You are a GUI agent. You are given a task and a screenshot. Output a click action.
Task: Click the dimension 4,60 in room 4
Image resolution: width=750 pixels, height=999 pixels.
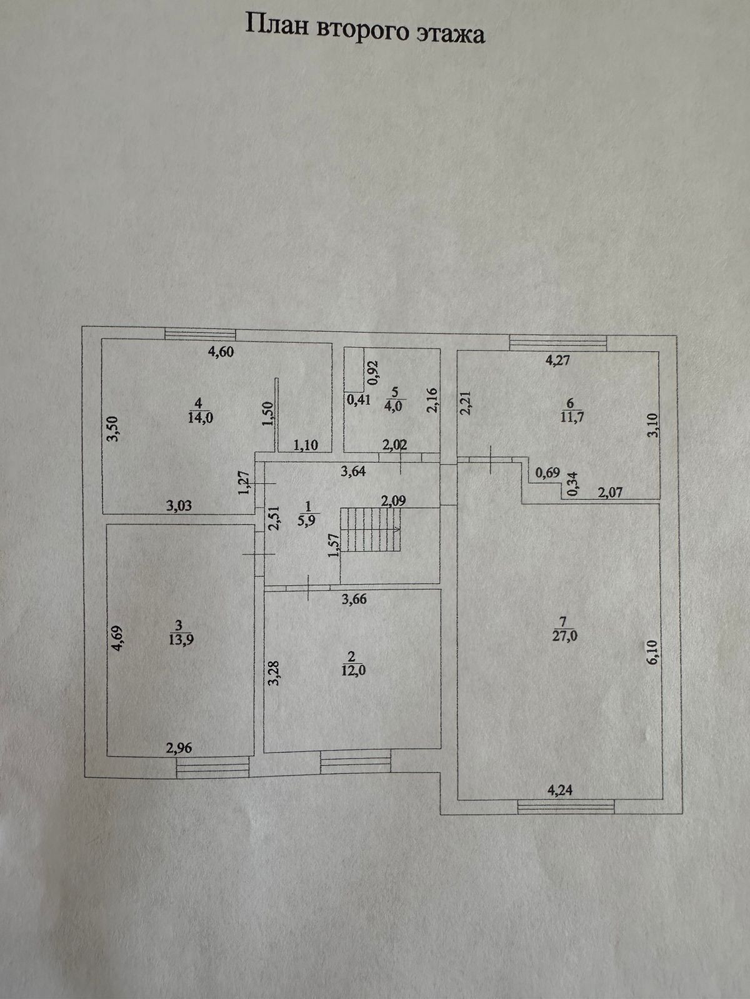coord(221,352)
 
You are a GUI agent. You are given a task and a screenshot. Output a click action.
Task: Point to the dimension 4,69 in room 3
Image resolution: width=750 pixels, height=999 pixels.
coord(117,639)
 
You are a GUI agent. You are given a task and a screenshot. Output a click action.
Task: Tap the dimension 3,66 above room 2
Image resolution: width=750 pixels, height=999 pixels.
coord(354,599)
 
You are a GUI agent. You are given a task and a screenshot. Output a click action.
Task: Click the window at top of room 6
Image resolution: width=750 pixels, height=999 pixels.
coord(558,343)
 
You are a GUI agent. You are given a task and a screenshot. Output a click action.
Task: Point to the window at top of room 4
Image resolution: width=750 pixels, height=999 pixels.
coord(201,335)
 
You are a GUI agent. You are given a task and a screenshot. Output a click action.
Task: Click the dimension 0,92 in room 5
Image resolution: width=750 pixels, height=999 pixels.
coord(373,372)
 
